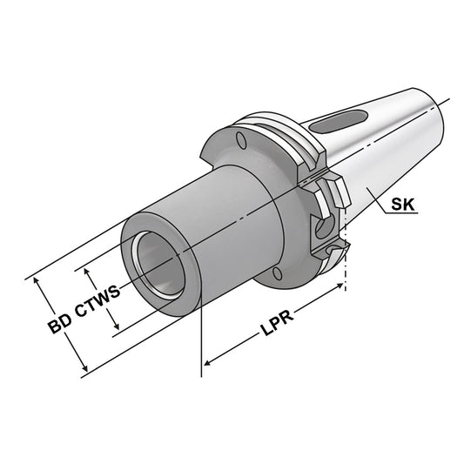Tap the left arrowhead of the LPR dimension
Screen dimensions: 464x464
tap(207, 359)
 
